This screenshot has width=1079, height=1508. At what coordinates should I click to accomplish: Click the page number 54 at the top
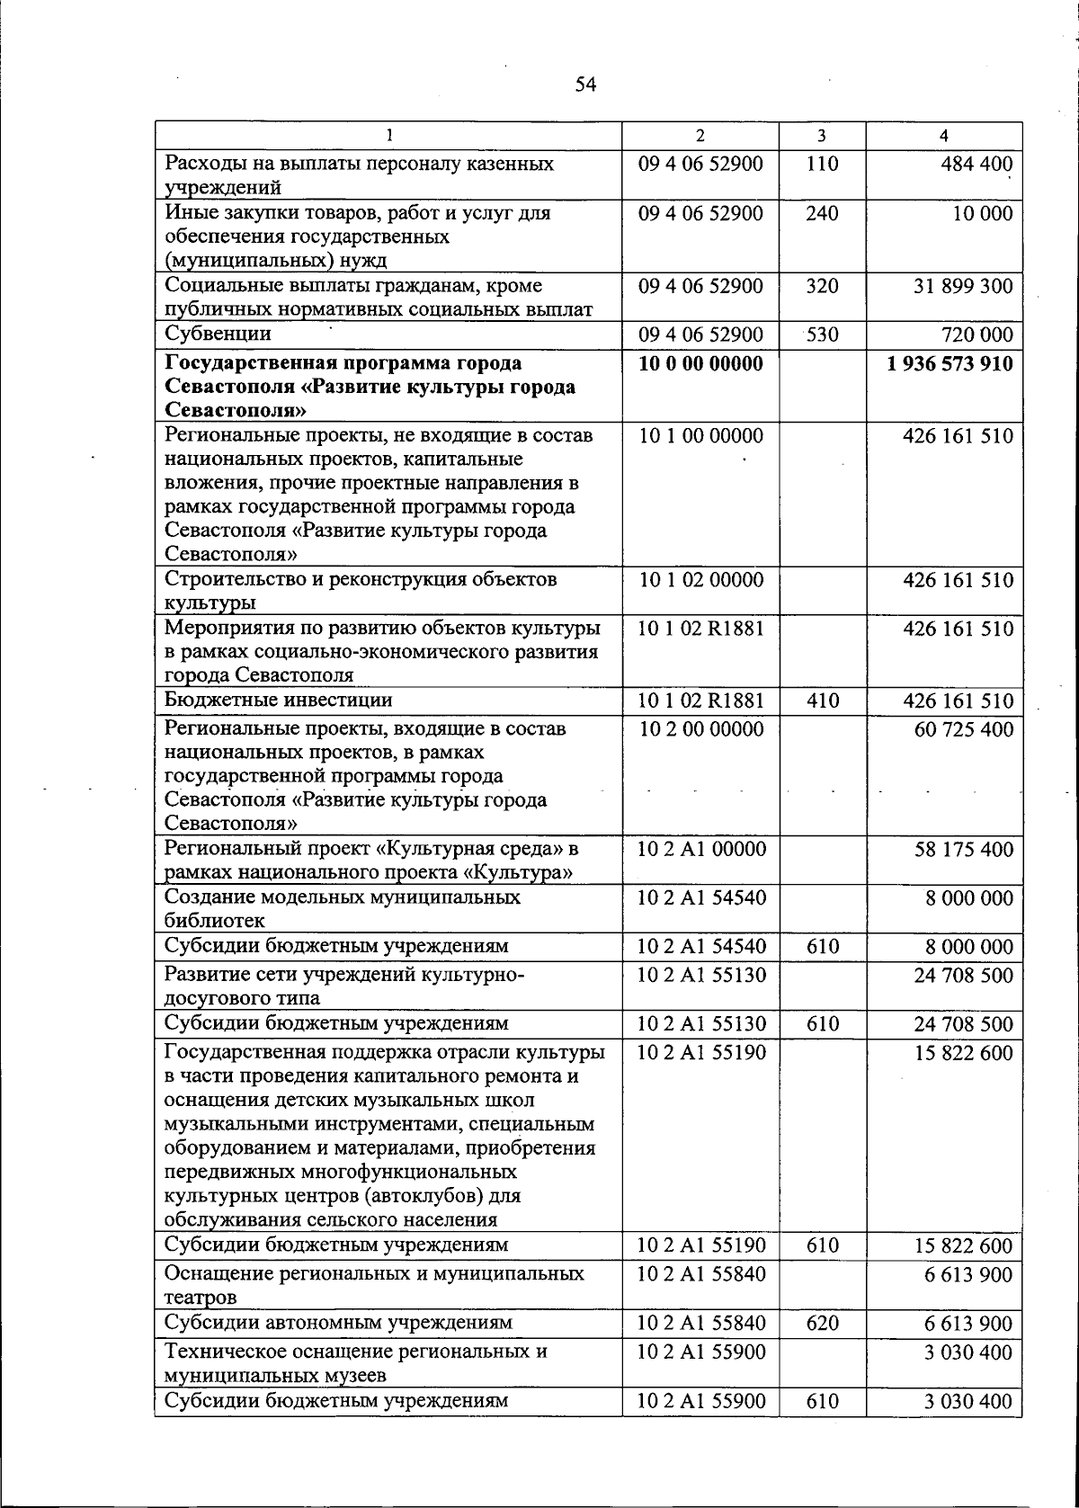click(585, 85)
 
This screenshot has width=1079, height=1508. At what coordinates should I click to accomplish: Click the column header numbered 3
click(822, 136)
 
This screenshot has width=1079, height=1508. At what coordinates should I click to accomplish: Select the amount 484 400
click(976, 165)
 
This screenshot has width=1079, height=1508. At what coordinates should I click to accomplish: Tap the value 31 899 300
click(963, 286)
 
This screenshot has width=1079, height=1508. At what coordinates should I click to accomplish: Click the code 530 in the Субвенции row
click(822, 335)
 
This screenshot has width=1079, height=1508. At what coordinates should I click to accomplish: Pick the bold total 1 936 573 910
click(950, 364)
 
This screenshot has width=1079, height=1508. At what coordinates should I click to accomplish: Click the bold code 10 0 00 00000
click(700, 364)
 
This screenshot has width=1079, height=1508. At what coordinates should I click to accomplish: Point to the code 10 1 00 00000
click(700, 436)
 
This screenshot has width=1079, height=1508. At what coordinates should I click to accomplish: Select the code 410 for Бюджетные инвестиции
click(822, 700)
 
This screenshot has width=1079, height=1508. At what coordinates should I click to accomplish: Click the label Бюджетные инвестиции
click(278, 700)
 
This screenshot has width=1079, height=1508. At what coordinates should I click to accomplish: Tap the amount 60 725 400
click(963, 729)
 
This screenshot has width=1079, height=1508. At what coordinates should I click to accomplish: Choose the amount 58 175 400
click(963, 850)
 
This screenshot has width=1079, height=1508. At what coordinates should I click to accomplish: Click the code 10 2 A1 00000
click(701, 850)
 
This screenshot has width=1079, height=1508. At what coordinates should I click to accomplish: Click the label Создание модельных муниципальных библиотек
click(342, 908)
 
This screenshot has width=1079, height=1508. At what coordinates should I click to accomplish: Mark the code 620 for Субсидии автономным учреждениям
click(822, 1323)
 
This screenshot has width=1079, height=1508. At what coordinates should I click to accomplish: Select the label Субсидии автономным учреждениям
click(338, 1322)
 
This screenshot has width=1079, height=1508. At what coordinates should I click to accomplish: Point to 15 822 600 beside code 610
click(963, 1246)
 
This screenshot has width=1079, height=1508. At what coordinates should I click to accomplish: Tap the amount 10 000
click(983, 214)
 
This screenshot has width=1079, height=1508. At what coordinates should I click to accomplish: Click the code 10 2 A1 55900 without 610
click(701, 1352)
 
